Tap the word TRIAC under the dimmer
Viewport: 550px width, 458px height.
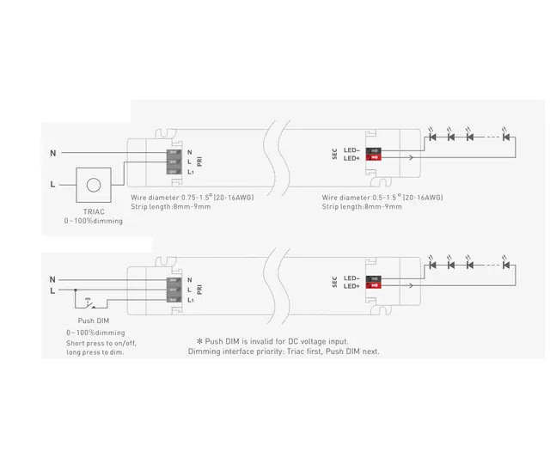(x=94, y=211)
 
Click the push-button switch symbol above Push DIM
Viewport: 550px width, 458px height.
(x=89, y=302)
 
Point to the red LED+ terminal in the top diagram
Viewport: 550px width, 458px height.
(x=374, y=158)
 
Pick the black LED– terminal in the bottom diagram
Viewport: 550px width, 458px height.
(x=374, y=278)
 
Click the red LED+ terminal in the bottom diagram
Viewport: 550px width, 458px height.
(x=374, y=286)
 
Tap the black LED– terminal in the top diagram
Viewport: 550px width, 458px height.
(x=374, y=150)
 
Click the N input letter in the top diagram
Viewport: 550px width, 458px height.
(x=52, y=153)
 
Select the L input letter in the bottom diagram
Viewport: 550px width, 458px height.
(x=52, y=290)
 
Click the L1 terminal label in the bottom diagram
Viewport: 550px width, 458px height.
(x=191, y=300)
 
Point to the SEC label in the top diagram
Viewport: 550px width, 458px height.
(x=334, y=154)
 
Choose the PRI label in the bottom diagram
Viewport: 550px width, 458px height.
(x=199, y=290)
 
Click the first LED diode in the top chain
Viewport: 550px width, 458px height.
(x=433, y=136)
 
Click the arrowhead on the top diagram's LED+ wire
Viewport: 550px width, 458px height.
(x=411, y=158)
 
